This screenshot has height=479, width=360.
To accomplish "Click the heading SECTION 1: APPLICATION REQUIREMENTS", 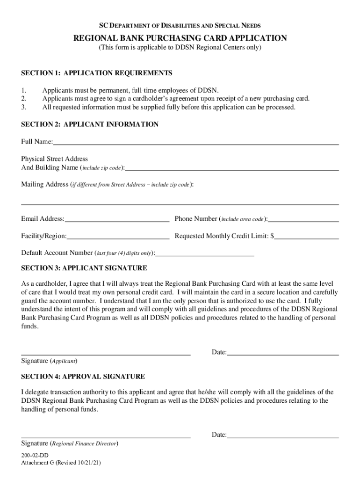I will [x=97, y=73].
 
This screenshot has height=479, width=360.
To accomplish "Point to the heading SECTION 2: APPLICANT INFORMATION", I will [x=90, y=124].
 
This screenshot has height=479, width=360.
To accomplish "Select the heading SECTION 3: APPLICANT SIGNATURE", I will [x=84, y=268].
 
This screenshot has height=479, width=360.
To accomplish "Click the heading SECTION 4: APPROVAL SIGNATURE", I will [x=83, y=377].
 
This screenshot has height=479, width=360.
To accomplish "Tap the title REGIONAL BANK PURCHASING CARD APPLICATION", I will [x=180, y=38].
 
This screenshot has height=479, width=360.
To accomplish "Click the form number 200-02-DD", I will [x=35, y=455].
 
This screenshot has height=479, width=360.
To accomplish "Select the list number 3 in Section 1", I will [x=24, y=107].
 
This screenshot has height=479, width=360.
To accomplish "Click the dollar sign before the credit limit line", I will [x=273, y=236].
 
